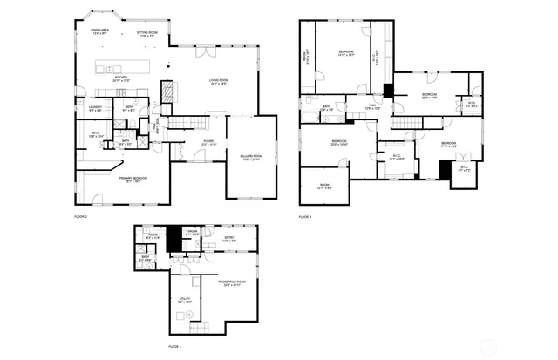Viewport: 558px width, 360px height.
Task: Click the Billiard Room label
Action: tap(251, 157)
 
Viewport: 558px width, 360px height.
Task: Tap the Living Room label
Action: tap(218, 82)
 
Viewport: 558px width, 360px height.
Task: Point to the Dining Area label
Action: tap(100, 31)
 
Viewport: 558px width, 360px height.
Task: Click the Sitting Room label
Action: tap(146, 33)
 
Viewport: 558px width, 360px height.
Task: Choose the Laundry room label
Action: tap(95, 109)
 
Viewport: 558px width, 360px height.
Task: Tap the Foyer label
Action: tap(209, 142)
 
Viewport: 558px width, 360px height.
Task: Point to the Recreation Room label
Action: tap(229, 282)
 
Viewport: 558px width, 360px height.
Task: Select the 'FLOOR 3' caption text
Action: tap(304, 216)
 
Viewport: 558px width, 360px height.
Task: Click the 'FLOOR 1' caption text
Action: tap(174, 346)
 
